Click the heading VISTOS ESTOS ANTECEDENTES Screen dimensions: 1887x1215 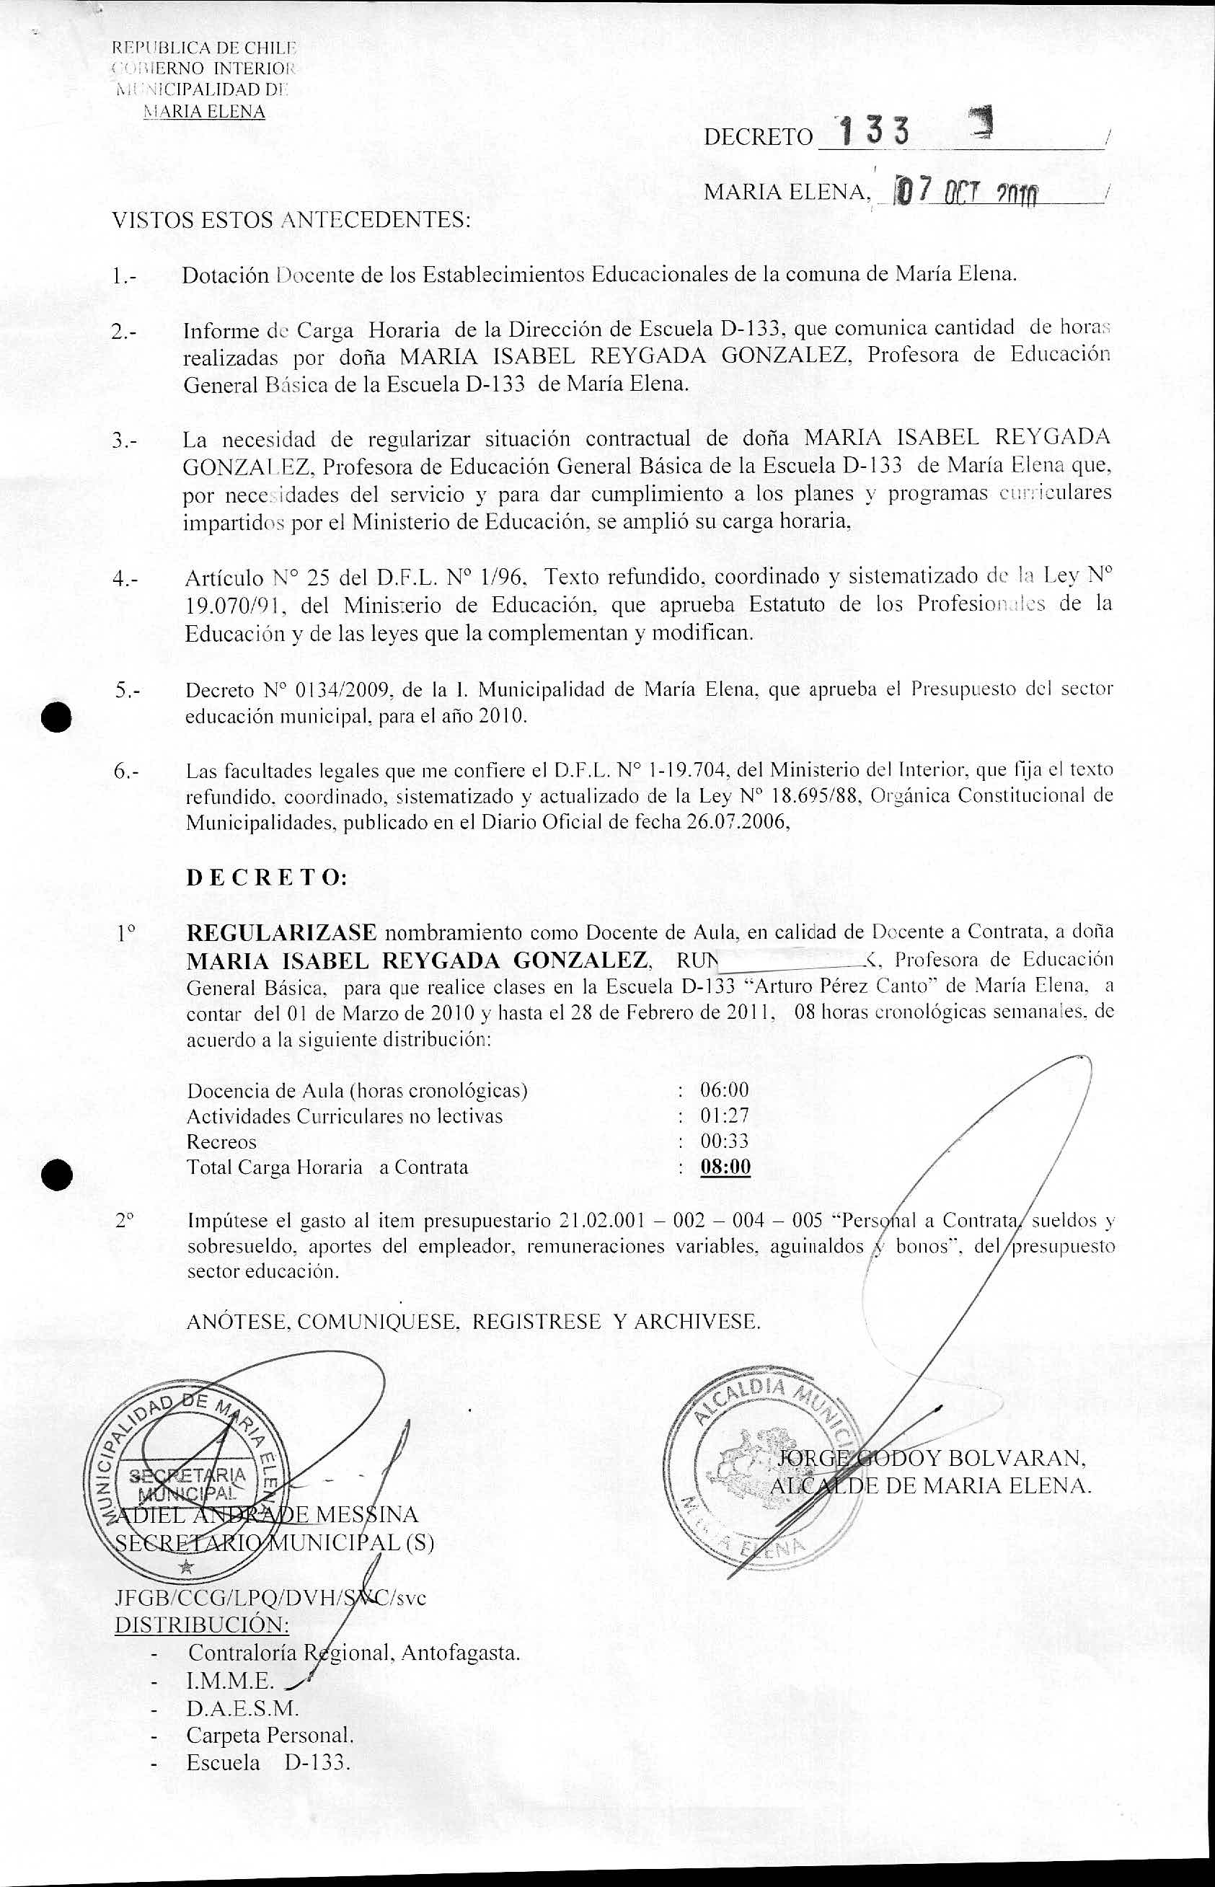pos(292,219)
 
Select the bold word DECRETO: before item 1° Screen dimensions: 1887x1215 pos(266,878)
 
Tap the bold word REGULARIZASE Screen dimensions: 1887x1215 pos(281,932)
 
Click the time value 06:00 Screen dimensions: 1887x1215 pos(724,1090)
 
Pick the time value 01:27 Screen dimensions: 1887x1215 pos(724,1115)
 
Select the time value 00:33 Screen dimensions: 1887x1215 pos(724,1141)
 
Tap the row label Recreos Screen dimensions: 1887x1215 pos(221,1141)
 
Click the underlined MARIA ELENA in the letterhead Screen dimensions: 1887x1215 pos(203,111)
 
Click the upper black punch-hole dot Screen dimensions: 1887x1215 pos(58,716)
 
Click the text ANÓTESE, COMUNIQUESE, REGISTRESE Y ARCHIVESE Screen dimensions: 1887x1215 pos(473,1322)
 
